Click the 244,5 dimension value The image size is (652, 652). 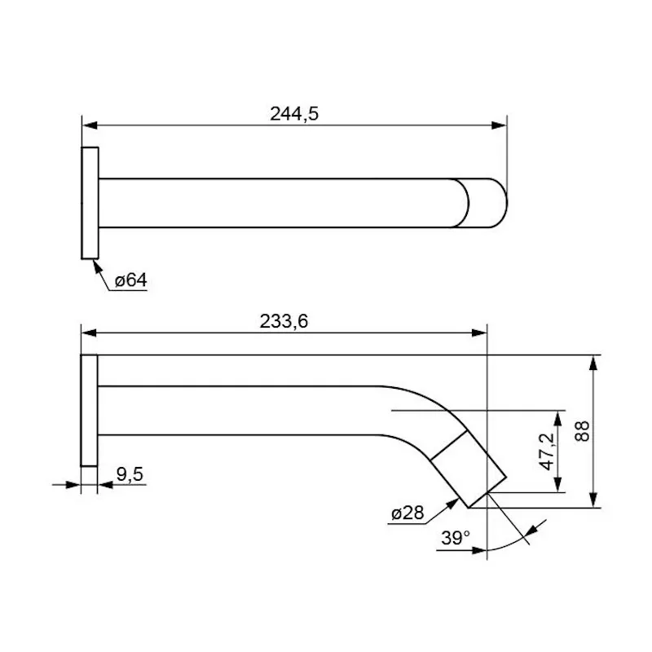pos(294,113)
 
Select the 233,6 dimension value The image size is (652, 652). pos(284,321)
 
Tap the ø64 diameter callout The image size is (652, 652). pos(130,280)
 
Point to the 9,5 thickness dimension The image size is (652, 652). pos(130,474)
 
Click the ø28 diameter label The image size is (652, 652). pos(407,513)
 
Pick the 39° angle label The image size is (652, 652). pos(456,538)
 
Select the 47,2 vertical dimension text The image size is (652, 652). pos(548,452)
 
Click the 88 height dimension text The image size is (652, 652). pos(582,431)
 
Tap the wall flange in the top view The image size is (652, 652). pos(90,203)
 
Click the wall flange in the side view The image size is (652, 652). pos(89,411)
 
